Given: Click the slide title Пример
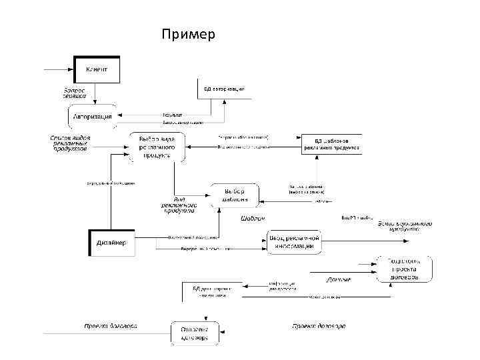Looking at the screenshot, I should pyautogui.click(x=188, y=33).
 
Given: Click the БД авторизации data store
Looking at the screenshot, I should pyautogui.click(x=224, y=89).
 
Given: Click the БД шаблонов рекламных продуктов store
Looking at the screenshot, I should pyautogui.click(x=332, y=144).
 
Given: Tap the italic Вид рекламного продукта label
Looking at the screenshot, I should pyautogui.click(x=177, y=204).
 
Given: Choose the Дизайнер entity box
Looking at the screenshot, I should pyautogui.click(x=111, y=243).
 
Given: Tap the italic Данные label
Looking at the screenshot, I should pyautogui.click(x=339, y=279).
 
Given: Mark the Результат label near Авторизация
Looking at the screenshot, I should pyautogui.click(x=173, y=115).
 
